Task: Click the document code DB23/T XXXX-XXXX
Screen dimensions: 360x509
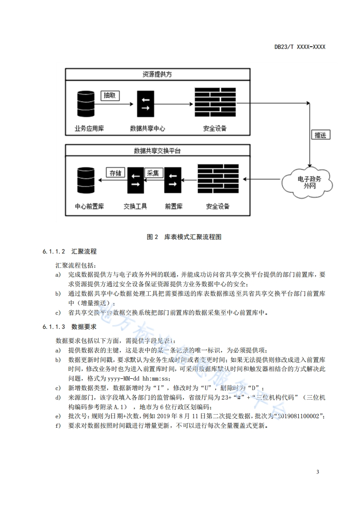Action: (x=300, y=47)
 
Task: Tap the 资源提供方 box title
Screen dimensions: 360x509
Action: (x=157, y=74)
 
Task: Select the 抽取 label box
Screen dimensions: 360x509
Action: (x=110, y=95)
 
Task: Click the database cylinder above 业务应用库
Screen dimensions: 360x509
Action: (x=86, y=104)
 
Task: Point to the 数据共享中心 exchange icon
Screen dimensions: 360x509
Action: (x=146, y=104)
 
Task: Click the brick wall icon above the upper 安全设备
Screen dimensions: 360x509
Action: (x=215, y=102)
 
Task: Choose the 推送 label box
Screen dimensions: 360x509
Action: (x=321, y=135)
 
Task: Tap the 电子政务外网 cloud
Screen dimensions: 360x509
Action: (x=308, y=182)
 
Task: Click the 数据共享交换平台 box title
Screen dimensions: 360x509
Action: (x=157, y=151)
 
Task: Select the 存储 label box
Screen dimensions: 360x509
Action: (x=116, y=172)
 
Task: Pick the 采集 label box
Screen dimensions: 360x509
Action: (x=153, y=173)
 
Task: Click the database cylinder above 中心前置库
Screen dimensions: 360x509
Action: (x=86, y=181)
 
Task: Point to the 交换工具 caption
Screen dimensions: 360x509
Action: (x=135, y=206)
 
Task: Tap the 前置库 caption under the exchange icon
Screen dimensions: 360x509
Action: (x=173, y=206)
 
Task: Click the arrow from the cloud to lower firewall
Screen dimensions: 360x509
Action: (x=261, y=179)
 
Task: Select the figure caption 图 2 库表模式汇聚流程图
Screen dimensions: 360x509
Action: (x=184, y=237)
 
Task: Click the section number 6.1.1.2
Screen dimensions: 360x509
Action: (x=54, y=252)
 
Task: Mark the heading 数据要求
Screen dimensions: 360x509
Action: (x=84, y=327)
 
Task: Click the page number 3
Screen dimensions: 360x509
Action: (x=318, y=472)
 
